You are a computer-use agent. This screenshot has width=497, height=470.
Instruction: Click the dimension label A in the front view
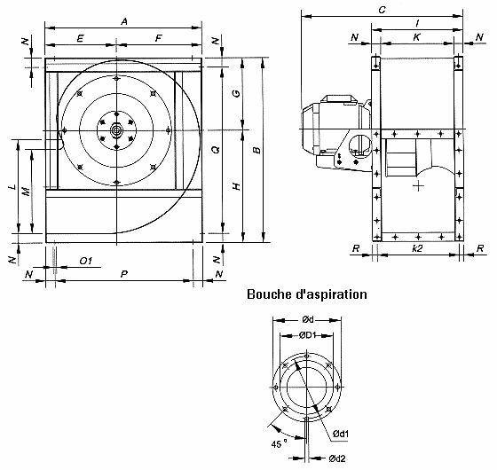pos(125,20)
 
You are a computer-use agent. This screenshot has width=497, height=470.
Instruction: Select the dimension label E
pos(80,39)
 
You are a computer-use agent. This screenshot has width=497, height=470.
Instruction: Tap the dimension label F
pos(159,39)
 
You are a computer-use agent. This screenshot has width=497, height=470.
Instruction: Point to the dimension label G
pos(235,93)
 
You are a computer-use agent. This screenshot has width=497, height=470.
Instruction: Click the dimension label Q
pos(216,150)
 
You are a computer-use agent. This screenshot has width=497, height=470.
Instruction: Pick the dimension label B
pos(256,150)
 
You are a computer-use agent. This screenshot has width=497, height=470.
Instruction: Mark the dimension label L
pos(11,189)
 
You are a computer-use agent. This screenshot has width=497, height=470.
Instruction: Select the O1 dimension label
pos(86,262)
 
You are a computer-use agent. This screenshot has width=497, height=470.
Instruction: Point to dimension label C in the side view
pos(381,10)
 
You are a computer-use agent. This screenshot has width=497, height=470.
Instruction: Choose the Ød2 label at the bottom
pos(335,458)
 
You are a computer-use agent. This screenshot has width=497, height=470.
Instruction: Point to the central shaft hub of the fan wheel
pos(116,130)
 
